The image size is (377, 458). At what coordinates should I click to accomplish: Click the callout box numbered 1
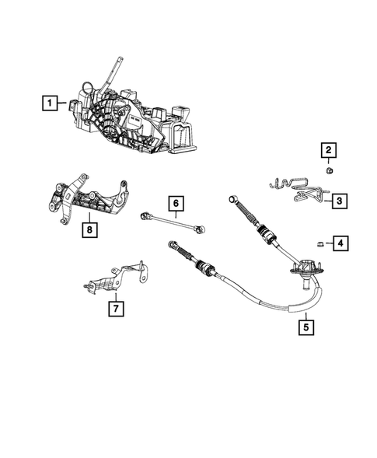pyautogui.click(x=50, y=102)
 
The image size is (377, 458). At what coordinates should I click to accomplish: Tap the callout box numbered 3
pyautogui.click(x=340, y=201)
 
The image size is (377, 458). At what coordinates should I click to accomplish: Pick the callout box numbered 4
pyautogui.click(x=340, y=245)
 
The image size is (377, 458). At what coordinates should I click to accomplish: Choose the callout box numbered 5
pyautogui.click(x=305, y=327)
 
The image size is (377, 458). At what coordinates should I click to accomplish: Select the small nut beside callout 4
pyautogui.click(x=320, y=245)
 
